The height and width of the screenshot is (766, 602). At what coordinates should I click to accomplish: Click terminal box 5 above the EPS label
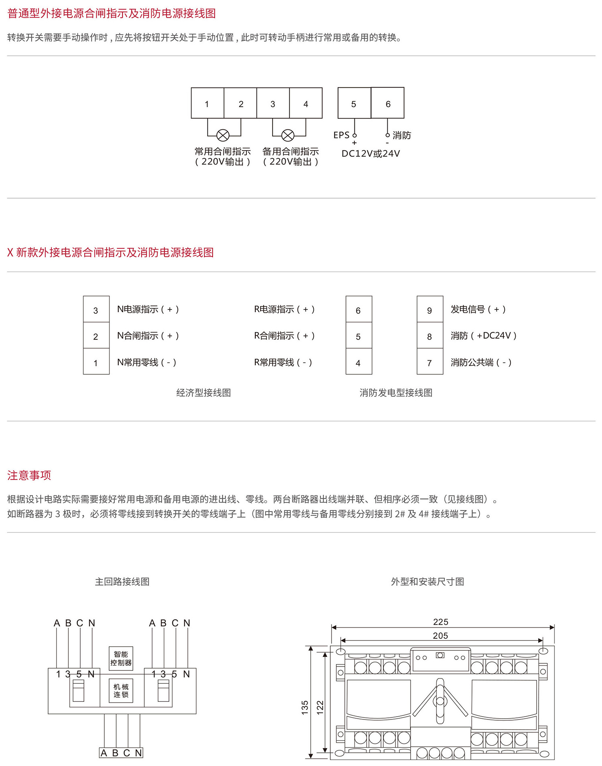pos(354,103)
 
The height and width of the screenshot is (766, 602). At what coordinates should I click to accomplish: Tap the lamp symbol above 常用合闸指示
pos(223,135)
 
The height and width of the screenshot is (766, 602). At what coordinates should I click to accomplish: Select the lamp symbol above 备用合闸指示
pos(288,135)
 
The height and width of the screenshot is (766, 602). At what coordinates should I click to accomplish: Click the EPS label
pos(342,135)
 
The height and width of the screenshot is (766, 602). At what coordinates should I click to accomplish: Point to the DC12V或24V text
pos(371,154)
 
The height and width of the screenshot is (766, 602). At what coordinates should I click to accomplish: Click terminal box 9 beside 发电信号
pos(430,309)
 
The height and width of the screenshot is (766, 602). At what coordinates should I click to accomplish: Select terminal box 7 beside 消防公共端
pos(430,361)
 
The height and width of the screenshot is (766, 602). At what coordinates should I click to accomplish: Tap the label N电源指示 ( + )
pos(148,309)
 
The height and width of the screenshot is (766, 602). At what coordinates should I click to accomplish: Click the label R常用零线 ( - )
pos(283,362)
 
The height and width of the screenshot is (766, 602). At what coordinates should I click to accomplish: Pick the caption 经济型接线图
pos(203,393)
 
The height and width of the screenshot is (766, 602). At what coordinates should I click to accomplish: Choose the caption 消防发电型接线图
pos(396,393)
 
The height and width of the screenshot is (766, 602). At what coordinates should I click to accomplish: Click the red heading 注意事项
pos(29,475)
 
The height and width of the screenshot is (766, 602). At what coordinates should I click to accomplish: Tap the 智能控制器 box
pos(121,658)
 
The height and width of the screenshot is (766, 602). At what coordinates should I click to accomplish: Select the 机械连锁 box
pos(121,691)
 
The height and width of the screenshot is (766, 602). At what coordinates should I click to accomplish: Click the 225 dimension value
pos(441,622)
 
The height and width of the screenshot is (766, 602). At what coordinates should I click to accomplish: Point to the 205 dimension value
pos(441,636)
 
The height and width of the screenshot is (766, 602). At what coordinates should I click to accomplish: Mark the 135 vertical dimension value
pos(305,707)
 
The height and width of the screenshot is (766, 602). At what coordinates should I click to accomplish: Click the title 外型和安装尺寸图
pos(427,581)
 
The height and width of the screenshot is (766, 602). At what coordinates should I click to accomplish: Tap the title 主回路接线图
pos(122,581)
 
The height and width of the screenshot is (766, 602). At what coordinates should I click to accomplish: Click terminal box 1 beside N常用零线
pos(96,361)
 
